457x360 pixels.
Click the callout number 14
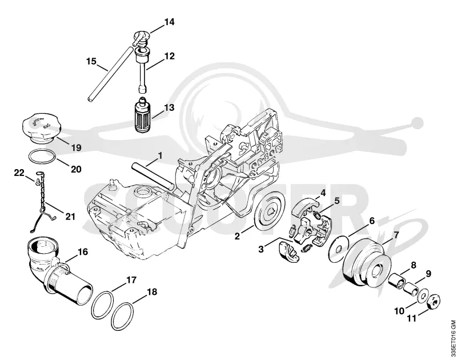pyautogui.click(x=169, y=22)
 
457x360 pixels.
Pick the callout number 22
pyautogui.click(x=19, y=173)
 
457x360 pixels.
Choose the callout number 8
pyautogui.click(x=413, y=265)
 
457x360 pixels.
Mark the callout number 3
pyautogui.click(x=261, y=249)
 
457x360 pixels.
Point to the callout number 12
pyautogui.click(x=169, y=55)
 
